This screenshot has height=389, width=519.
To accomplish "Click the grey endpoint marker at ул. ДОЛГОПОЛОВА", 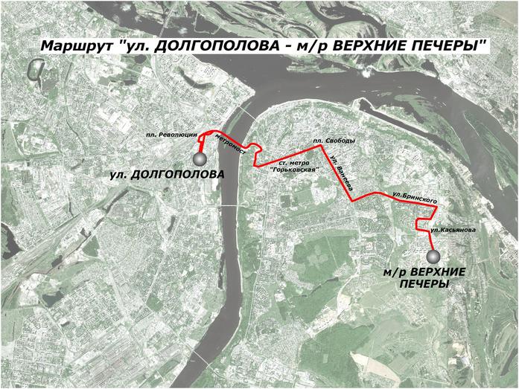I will coord(200,158).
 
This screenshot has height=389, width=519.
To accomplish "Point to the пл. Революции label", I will coord(172,135).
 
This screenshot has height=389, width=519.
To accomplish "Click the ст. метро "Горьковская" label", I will coord(294,166).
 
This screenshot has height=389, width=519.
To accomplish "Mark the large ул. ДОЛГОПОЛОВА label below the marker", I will coord(166,176).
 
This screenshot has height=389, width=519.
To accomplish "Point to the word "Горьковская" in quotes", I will coord(294,170).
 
